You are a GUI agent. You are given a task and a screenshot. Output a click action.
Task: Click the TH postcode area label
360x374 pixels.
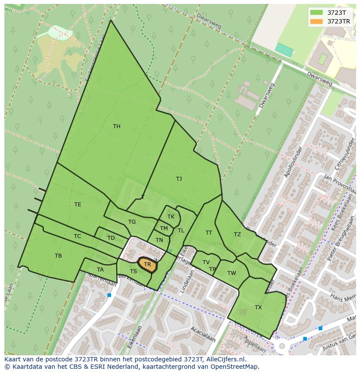click(117, 126)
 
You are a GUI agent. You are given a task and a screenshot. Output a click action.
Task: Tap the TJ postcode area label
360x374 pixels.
click(179, 179)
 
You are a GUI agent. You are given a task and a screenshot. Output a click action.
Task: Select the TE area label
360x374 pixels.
click(77, 205)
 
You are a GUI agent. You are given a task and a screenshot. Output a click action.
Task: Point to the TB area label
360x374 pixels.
click(58, 256)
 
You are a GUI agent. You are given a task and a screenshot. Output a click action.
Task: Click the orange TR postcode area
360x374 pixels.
click(147, 265)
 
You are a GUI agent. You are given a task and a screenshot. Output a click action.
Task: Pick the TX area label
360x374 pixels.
click(258, 308)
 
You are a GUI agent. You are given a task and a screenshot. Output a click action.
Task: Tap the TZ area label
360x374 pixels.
click(237, 235)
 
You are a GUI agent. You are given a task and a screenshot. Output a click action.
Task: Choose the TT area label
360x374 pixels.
click(209, 233)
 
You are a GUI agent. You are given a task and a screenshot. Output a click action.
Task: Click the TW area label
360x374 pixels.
click(231, 273)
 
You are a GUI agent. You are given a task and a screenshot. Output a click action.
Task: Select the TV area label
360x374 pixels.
click(206, 262)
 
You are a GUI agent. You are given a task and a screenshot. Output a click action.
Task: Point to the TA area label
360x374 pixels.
click(100, 270)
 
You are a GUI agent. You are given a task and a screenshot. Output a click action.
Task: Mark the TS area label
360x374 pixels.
click(133, 271)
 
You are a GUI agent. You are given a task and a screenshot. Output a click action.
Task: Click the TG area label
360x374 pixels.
click(132, 222)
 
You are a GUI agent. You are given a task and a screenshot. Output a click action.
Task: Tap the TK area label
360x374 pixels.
click(171, 217)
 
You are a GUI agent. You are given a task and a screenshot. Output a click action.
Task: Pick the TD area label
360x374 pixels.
click(111, 238)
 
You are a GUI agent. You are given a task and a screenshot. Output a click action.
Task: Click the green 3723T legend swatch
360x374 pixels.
click(317, 13)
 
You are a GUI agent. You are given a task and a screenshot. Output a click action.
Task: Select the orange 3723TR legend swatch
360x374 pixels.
click(317, 21)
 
